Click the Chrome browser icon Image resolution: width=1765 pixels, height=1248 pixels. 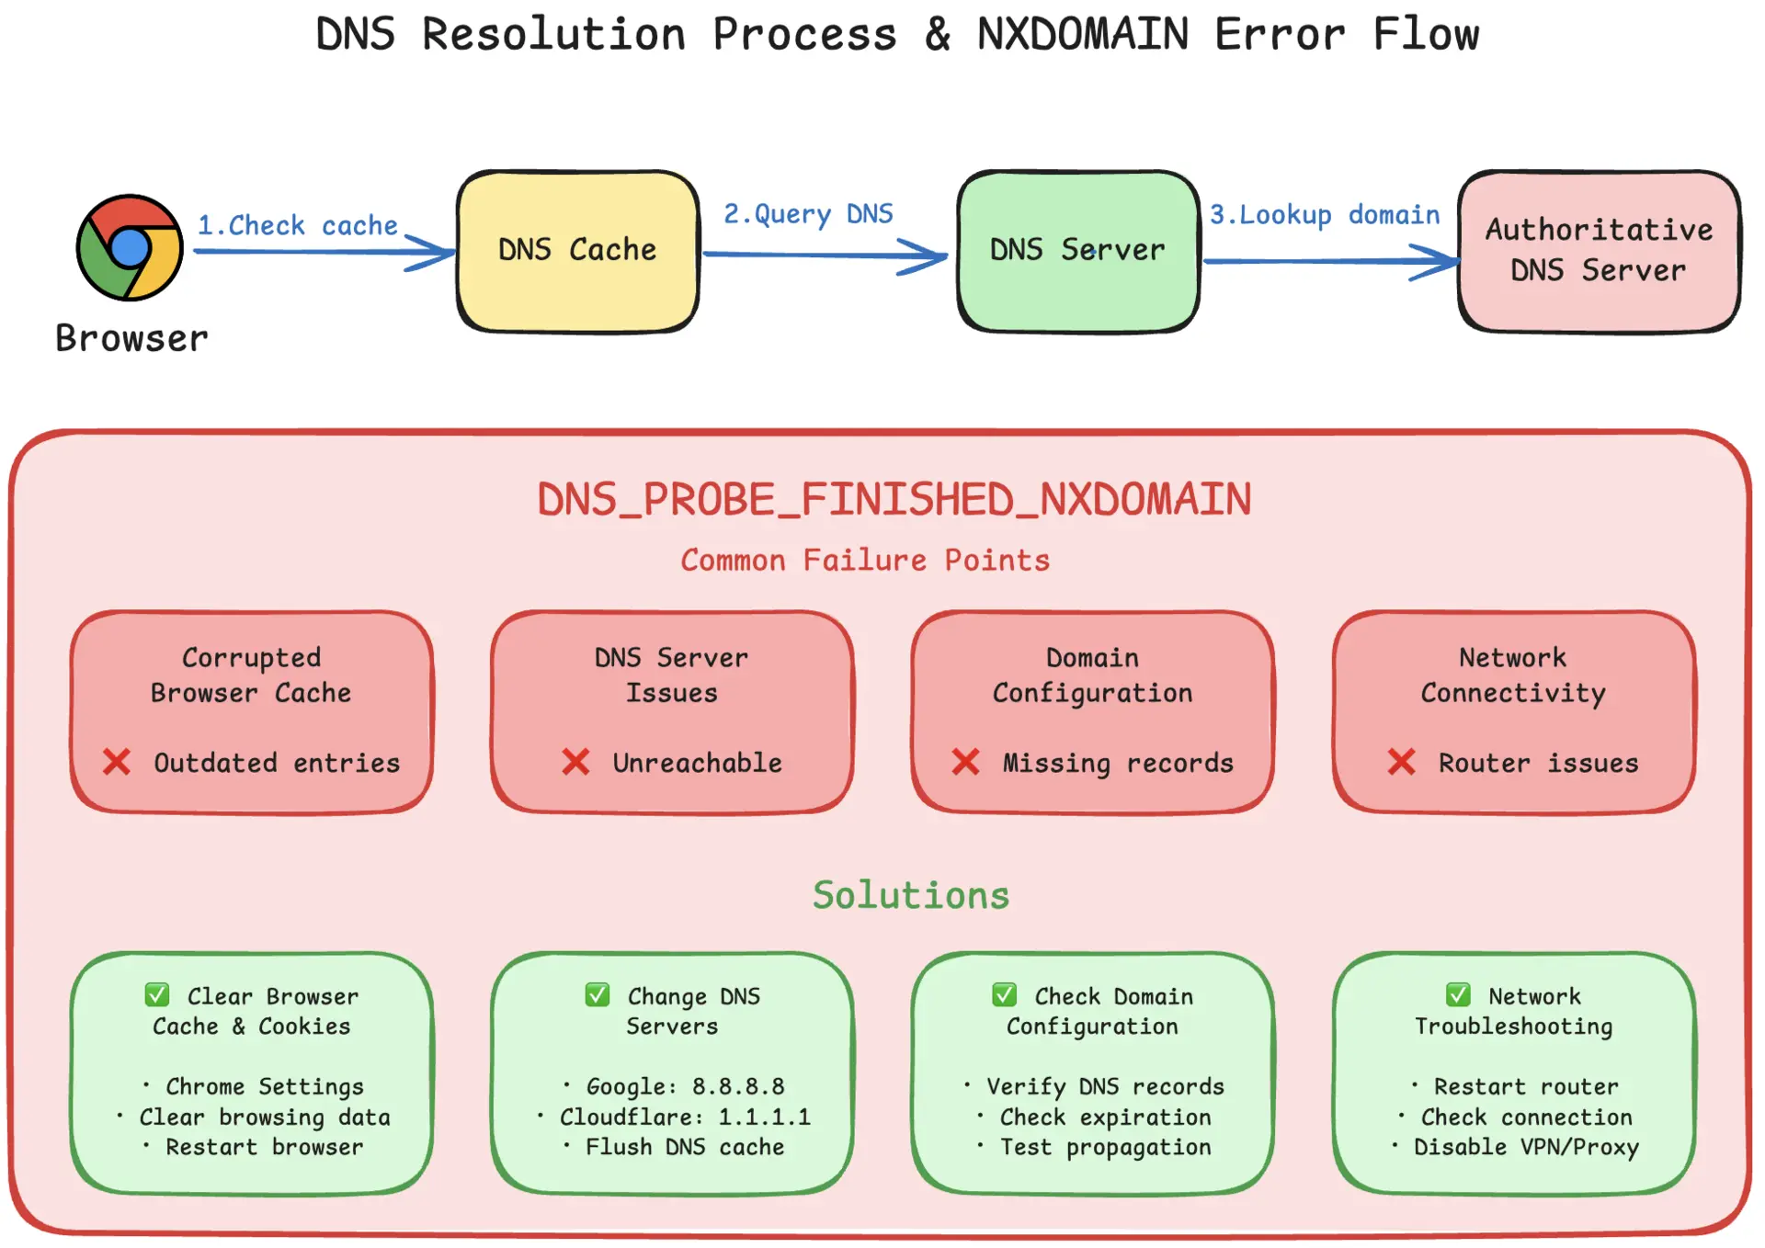[x=130, y=247]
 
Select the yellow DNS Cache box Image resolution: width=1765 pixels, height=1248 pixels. [x=577, y=251]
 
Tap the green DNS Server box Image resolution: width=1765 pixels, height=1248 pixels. [x=1077, y=251]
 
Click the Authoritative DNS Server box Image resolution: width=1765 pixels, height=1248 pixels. [x=1599, y=251]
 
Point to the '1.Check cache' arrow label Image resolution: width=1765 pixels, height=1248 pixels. [x=298, y=225]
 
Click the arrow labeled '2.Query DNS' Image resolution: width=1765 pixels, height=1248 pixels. [x=825, y=255]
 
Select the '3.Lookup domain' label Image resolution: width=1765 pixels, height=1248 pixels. [x=1325, y=214]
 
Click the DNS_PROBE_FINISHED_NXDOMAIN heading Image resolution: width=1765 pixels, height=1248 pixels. [x=894, y=500]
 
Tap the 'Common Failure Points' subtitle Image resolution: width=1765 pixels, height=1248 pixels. [x=865, y=560]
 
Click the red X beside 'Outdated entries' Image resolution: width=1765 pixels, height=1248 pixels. [x=117, y=762]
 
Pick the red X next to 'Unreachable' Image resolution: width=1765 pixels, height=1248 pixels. [x=575, y=762]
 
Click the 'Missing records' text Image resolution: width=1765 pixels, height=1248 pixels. [x=1118, y=763]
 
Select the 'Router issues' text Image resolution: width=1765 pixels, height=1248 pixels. [x=1538, y=763]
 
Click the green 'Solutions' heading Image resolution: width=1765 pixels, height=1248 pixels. [x=911, y=895]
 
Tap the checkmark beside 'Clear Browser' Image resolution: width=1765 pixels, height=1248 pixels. [x=157, y=995]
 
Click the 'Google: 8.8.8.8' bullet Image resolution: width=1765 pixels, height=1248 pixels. [x=685, y=1086]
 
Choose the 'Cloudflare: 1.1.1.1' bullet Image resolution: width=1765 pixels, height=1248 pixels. [x=685, y=1117]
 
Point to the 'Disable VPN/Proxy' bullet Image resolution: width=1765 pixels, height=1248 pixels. [x=1526, y=1147]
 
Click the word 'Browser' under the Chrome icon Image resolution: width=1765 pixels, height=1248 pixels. [x=131, y=338]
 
